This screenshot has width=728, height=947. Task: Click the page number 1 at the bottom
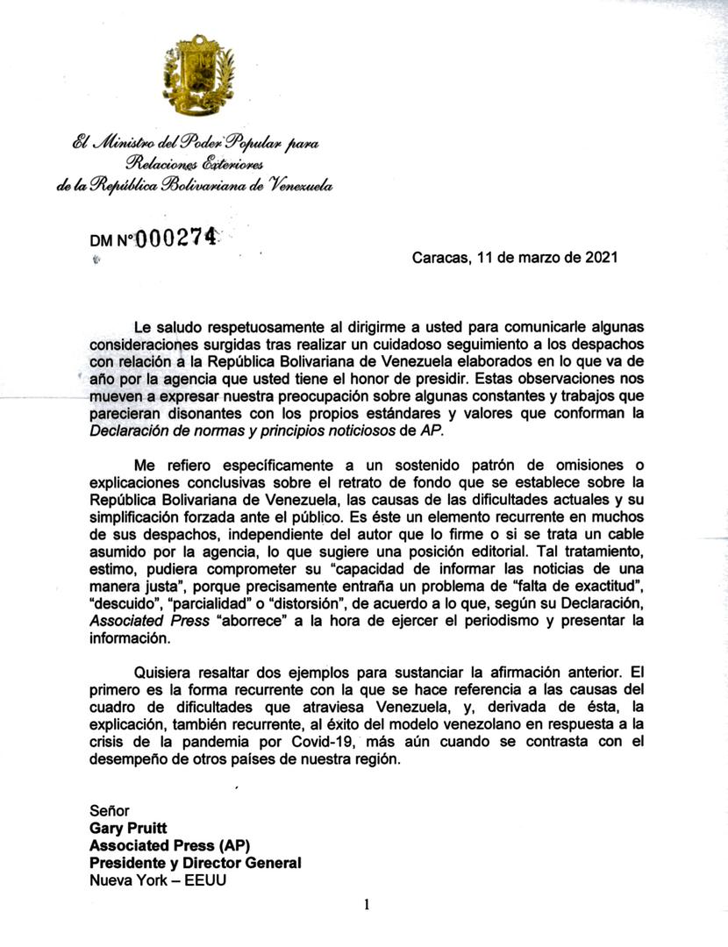tap(367, 905)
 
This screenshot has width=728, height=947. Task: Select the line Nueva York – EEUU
tap(158, 879)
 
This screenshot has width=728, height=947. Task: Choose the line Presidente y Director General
tap(196, 862)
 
